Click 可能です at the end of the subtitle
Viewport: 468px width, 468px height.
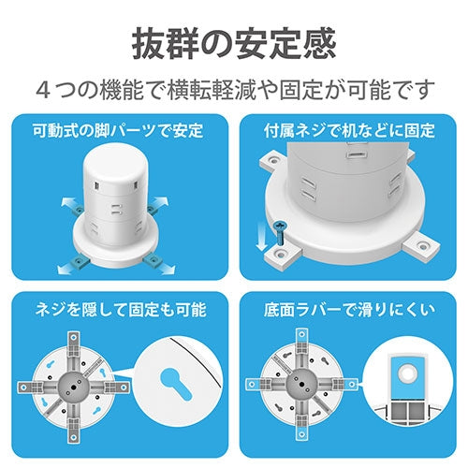(x=397, y=90)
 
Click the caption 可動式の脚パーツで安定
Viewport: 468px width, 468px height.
(x=117, y=129)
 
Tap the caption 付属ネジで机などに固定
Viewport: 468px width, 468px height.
(x=350, y=129)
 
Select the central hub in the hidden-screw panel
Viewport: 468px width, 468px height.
(x=72, y=384)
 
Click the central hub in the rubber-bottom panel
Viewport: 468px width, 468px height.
(x=300, y=384)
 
